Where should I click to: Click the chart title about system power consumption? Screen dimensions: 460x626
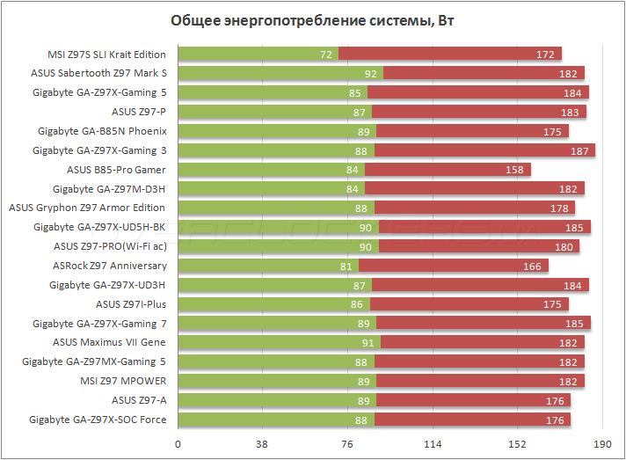(x=312, y=21)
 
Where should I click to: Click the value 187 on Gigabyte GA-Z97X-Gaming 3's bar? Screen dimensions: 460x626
(x=579, y=150)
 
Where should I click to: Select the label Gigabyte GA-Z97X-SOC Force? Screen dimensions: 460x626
(x=98, y=420)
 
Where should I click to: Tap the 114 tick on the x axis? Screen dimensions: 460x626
(x=432, y=444)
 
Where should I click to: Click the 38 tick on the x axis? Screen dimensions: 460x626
(x=262, y=444)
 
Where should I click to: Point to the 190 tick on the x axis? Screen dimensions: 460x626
(x=601, y=444)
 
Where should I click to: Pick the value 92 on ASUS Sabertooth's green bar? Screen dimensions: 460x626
(x=372, y=73)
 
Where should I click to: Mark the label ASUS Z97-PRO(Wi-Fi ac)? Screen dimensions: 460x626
(x=110, y=246)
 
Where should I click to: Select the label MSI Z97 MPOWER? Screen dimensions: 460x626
(x=123, y=381)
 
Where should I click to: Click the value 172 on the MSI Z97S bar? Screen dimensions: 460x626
(x=545, y=54)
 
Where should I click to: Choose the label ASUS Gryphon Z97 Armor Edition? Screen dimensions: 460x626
(x=87, y=208)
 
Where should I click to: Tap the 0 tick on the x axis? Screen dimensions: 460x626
(x=178, y=444)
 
